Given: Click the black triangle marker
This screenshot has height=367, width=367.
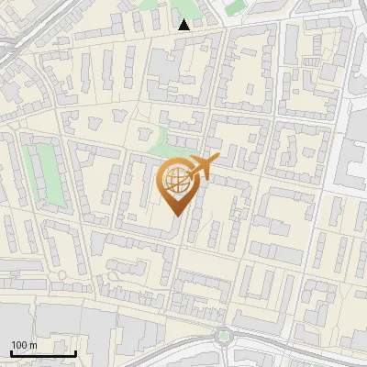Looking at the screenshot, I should [x=184, y=25].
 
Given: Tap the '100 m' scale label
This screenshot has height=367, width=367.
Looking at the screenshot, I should [x=24, y=345].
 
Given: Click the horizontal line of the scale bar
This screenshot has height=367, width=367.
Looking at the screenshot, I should [x=43, y=353].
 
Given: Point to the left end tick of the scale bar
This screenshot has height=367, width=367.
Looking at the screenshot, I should [x=11, y=351].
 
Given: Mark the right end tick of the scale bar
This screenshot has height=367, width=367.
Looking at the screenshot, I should [x=75, y=351].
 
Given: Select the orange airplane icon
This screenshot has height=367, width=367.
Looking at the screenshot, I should [x=203, y=167].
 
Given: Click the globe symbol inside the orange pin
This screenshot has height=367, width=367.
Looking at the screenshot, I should [x=176, y=181].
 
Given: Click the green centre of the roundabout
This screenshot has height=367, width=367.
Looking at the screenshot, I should [x=224, y=336].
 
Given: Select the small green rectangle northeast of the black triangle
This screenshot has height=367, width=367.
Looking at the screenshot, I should [x=235, y=7].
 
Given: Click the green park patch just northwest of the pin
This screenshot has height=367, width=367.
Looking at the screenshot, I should [x=165, y=144].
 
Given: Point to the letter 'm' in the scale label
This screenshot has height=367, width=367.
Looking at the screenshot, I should [x=32, y=345].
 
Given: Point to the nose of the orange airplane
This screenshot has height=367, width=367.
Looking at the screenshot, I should [x=218, y=160].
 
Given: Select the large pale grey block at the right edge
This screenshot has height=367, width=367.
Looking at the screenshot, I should [x=353, y=165].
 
